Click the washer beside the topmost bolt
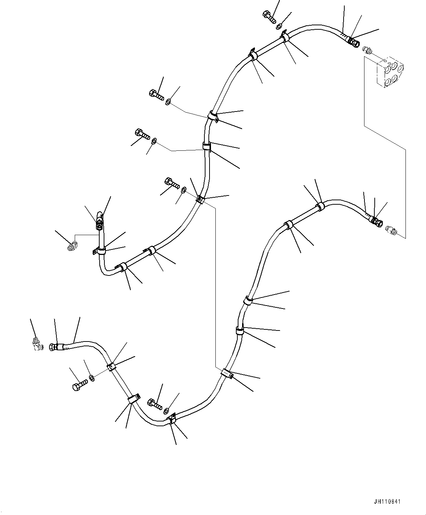pyautogui.click(x=279, y=26)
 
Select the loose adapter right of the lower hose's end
pyautogui.click(x=391, y=230)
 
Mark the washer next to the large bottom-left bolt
pyautogui.click(x=92, y=378)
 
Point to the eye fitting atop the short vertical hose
pyautogui.click(x=99, y=218)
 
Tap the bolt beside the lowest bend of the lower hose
pyautogui.click(x=155, y=405)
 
